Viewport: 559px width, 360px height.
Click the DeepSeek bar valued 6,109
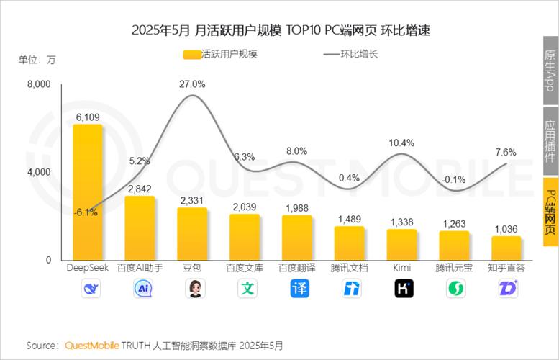(87, 192)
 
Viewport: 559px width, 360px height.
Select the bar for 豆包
(192, 233)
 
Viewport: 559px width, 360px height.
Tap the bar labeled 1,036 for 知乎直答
(506, 248)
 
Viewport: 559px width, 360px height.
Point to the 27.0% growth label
(192, 84)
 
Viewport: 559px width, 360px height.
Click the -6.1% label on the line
(87, 212)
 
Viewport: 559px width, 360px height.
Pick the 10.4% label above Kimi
(402, 143)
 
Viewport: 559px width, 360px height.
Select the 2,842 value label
(140, 188)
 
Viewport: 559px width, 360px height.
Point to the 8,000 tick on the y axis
(39, 85)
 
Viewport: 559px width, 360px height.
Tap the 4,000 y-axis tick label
(39, 172)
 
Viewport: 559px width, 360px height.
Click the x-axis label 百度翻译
(297, 268)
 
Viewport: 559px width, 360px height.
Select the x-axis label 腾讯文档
(350, 268)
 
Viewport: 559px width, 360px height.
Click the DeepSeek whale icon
(87, 289)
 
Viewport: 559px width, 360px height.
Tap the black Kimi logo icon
(402, 289)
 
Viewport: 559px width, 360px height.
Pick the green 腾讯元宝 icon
(455, 289)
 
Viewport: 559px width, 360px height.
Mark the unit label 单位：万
(37, 60)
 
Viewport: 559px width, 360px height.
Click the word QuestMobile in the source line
(93, 346)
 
